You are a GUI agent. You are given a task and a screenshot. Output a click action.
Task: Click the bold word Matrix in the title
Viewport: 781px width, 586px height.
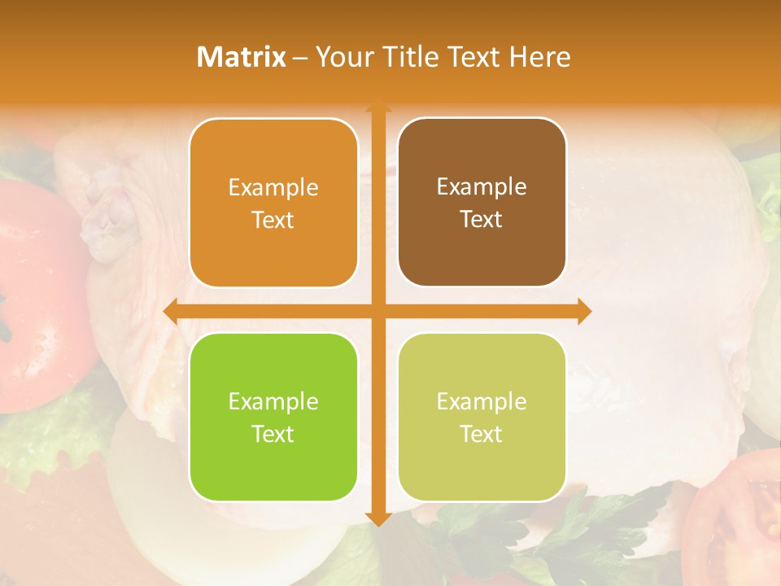coord(242,57)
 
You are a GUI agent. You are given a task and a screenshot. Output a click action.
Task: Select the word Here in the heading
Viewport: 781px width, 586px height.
coord(539,57)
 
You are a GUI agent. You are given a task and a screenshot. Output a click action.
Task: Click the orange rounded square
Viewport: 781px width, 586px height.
coord(273,203)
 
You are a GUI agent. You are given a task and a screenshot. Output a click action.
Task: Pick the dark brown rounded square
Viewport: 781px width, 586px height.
coord(482,202)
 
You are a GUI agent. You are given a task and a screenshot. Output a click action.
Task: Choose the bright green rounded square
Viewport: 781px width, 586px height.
coord(273,417)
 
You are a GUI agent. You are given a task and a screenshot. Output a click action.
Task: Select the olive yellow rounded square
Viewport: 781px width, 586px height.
coord(482,417)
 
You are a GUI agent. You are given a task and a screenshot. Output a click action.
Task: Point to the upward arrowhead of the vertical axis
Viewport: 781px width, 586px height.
coord(377,107)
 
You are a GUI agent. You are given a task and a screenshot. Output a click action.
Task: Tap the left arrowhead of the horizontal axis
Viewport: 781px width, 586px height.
coord(170,311)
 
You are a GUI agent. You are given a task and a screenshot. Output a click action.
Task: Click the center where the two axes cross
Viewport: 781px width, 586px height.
coord(377,311)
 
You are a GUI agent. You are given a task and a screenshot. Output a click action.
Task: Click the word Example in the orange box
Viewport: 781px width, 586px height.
coord(273,187)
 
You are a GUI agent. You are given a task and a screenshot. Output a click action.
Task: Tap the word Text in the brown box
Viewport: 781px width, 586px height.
coord(482,219)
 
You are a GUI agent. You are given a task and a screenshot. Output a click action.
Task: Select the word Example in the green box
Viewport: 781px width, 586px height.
coord(273,401)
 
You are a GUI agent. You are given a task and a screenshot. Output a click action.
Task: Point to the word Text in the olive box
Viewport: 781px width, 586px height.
coord(482,434)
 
